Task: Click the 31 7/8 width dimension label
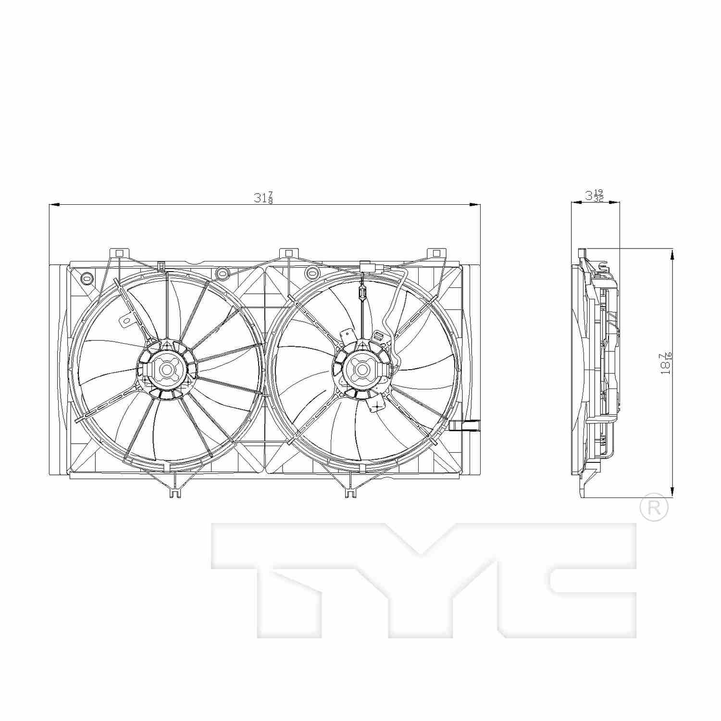263,198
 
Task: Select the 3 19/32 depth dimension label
594,196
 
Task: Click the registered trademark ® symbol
654,508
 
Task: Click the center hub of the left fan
167,370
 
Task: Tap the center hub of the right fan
361,369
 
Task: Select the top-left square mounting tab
120,253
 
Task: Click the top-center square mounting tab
288,253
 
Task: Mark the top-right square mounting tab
436,253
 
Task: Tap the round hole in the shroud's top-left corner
87,277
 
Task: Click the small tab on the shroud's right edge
466,425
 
